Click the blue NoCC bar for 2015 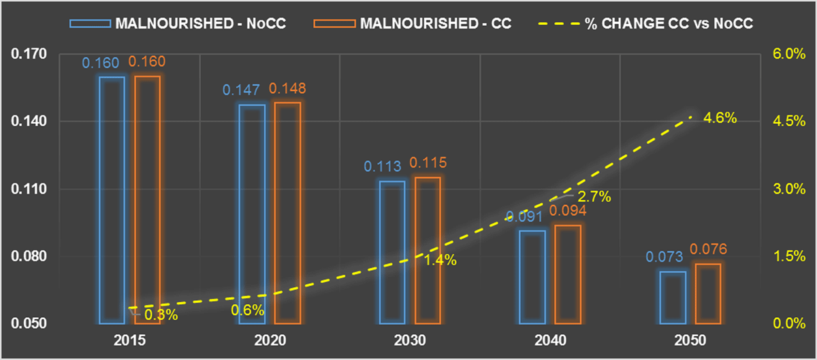112,199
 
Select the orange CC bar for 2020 287,212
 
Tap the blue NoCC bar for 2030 392,252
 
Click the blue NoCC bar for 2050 673,297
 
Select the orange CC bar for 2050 708,293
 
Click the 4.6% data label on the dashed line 720,118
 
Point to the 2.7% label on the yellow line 594,197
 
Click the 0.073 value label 664,258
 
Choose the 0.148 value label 287,88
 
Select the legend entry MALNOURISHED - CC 412,23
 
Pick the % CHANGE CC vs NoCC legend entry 647,23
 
